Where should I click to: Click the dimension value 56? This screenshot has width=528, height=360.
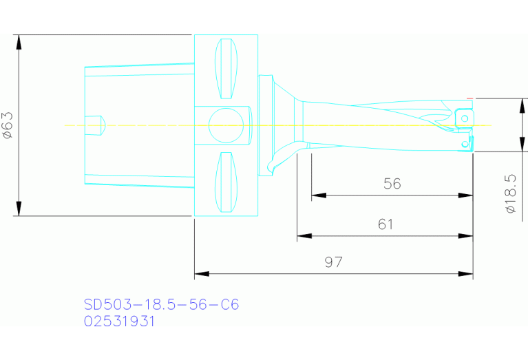(x=392, y=184)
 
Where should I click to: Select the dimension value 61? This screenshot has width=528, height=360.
(x=386, y=224)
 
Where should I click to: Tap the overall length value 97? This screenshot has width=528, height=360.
(x=333, y=262)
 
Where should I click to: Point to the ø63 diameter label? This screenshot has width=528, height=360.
(x=8, y=125)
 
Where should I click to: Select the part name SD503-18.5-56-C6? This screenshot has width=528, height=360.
(x=161, y=304)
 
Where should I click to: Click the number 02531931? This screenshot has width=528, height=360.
(x=120, y=321)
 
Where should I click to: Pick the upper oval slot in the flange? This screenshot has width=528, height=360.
(x=226, y=69)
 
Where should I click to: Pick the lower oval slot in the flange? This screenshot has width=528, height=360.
(x=226, y=182)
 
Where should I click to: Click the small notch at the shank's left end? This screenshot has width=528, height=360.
(x=94, y=125)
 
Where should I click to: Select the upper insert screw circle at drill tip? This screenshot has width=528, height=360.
(x=465, y=119)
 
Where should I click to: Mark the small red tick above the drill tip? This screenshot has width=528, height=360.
(x=469, y=98)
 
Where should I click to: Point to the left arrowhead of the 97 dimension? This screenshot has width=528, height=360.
(x=201, y=275)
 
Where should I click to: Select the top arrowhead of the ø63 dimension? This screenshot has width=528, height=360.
(x=19, y=41)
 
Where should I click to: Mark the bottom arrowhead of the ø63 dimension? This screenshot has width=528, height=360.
(x=19, y=209)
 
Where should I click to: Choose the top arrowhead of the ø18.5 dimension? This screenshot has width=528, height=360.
(x=522, y=106)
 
